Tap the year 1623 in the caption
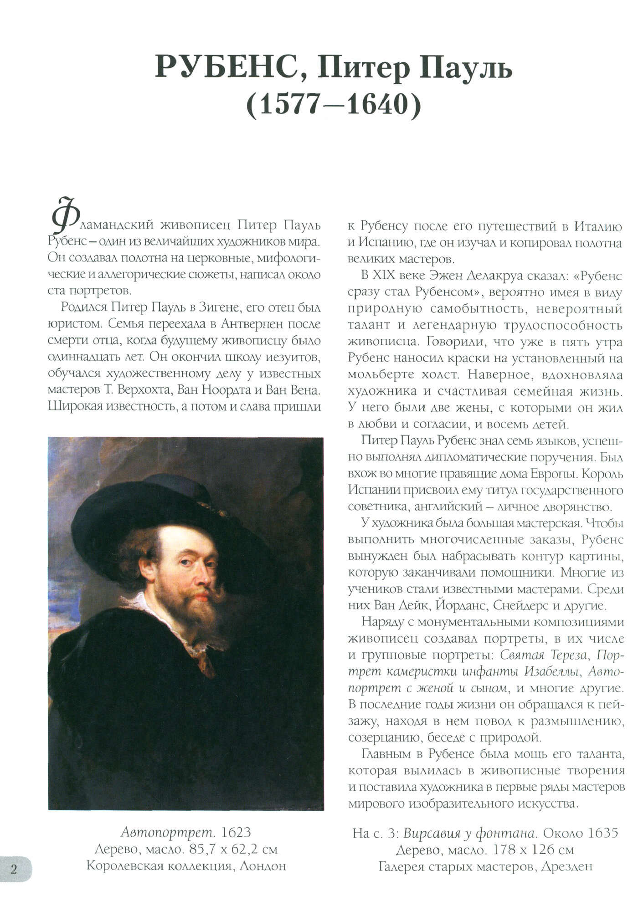click(235, 833)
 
